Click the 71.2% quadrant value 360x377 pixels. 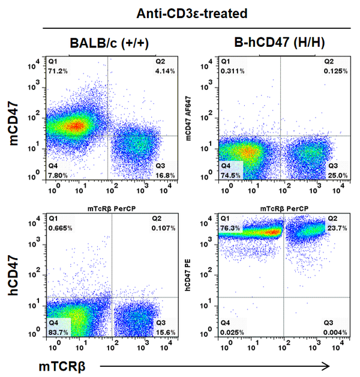coord(58,70)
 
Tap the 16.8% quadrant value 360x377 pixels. coord(164,176)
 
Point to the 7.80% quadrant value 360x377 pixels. coord(58,176)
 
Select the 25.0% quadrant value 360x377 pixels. coord(334,176)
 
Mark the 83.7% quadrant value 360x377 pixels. coord(58,333)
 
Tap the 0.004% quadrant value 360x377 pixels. coord(333,333)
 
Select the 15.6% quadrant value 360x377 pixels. coord(164,333)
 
